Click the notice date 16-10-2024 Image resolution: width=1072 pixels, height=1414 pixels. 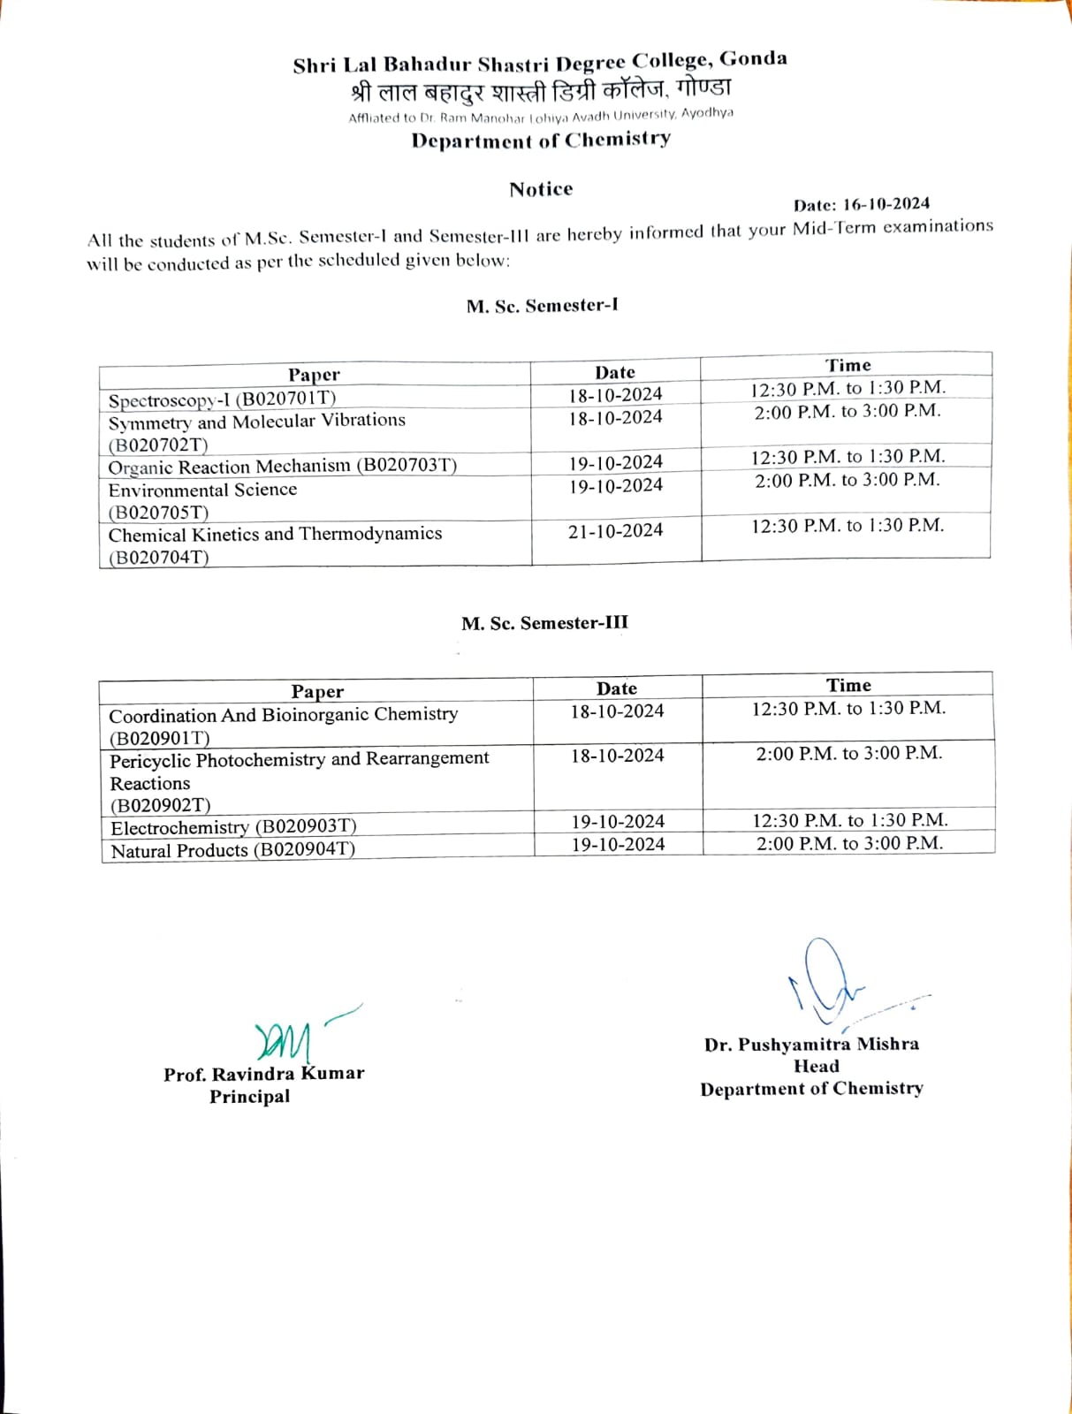click(886, 204)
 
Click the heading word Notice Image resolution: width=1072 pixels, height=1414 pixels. click(541, 189)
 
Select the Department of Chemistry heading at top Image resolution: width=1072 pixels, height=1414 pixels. click(541, 140)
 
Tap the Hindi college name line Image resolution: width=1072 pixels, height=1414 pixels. click(541, 90)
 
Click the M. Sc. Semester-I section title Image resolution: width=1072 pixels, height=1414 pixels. click(542, 306)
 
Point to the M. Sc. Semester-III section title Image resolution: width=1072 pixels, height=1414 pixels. click(544, 623)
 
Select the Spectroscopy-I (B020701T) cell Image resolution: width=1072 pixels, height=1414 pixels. click(222, 399)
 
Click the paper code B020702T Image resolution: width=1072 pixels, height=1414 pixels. click(158, 445)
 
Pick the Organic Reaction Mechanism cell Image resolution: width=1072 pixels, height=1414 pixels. click(282, 466)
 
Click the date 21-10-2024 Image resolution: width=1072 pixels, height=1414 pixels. click(615, 530)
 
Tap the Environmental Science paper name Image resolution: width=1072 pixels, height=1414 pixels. click(202, 490)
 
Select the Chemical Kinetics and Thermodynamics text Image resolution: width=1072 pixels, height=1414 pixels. click(275, 535)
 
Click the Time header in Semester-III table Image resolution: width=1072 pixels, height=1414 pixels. click(848, 685)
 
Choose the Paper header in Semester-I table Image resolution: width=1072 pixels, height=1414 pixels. click(314, 375)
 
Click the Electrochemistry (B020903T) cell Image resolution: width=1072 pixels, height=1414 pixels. click(233, 827)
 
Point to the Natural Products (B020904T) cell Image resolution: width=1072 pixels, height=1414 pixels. click(232, 850)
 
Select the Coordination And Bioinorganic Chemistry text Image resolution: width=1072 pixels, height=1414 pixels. click(283, 714)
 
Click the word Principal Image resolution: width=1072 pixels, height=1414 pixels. click(249, 1097)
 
